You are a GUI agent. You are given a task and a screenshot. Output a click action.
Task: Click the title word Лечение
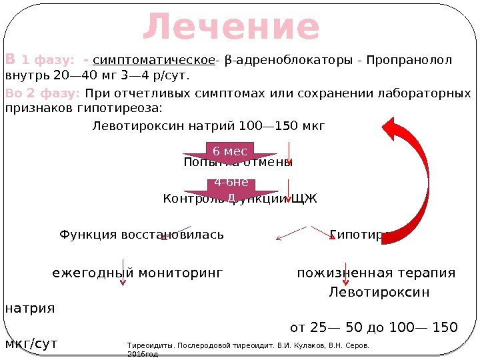click(231, 28)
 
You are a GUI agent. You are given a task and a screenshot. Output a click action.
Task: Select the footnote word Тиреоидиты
click(147, 346)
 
